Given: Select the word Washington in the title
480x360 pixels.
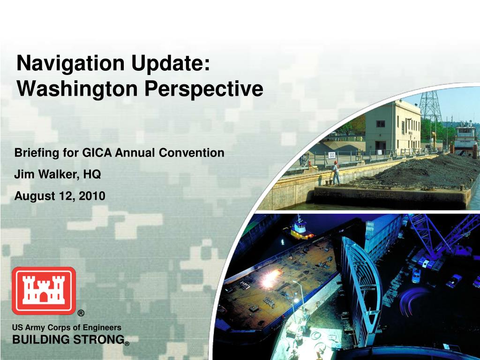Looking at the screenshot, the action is coord(77,89).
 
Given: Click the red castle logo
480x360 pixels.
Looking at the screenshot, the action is coord(44,291).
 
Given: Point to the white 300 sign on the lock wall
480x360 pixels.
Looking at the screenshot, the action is coord(332,155).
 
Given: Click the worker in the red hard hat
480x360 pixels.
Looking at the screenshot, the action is coord(336,173).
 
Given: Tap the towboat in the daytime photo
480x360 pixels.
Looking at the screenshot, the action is coord(465,137).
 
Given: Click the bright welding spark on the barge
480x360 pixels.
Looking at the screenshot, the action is coord(271,278).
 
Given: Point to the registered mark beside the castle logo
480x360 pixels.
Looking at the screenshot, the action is coord(81,313).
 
